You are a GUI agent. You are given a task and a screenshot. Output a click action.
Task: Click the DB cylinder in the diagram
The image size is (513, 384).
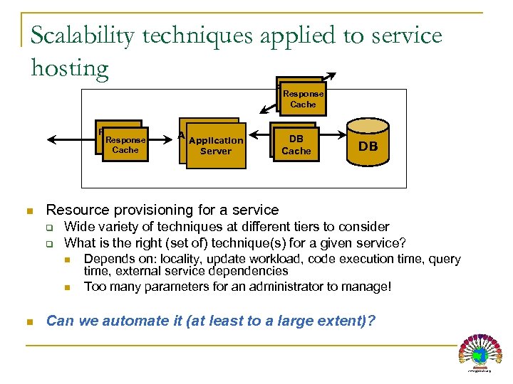(x=368, y=146)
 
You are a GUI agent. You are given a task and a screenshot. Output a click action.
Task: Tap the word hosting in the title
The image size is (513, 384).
(x=70, y=68)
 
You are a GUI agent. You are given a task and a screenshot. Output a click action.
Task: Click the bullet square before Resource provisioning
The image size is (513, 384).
(x=29, y=210)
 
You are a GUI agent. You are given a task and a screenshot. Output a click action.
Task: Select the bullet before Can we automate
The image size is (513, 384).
(x=29, y=321)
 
